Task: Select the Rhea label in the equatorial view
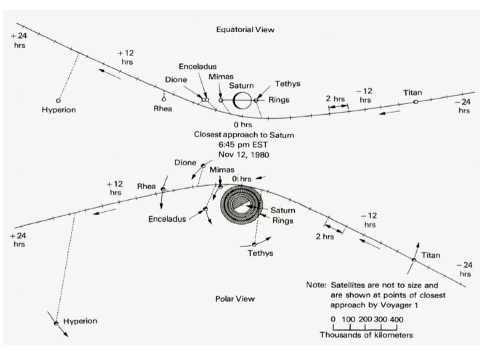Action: (163, 109)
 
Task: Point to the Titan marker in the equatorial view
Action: (415, 101)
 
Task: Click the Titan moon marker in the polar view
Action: (413, 259)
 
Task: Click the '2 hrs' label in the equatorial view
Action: (335, 98)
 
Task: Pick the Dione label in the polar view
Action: (185, 162)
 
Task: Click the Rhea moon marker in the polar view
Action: (162, 189)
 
